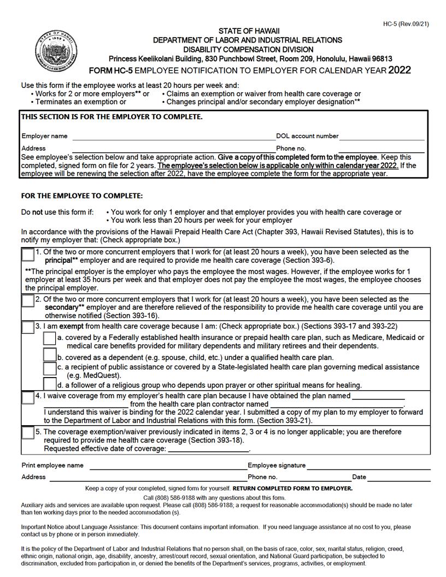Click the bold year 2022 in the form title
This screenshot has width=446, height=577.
click(400, 70)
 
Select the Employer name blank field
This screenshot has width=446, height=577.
click(173, 137)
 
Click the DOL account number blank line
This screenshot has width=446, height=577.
click(382, 137)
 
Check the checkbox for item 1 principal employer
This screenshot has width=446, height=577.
click(28, 255)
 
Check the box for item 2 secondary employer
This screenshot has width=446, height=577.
click(28, 301)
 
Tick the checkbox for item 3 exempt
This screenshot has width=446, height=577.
click(28, 327)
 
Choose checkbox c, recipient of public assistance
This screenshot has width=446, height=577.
click(50, 369)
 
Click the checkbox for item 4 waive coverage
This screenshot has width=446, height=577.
click(28, 398)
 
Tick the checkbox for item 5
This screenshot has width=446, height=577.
click(28, 433)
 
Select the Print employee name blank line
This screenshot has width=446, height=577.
click(168, 466)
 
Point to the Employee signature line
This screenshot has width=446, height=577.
click(368, 466)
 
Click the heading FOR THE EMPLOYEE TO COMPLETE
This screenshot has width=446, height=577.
click(81, 196)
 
